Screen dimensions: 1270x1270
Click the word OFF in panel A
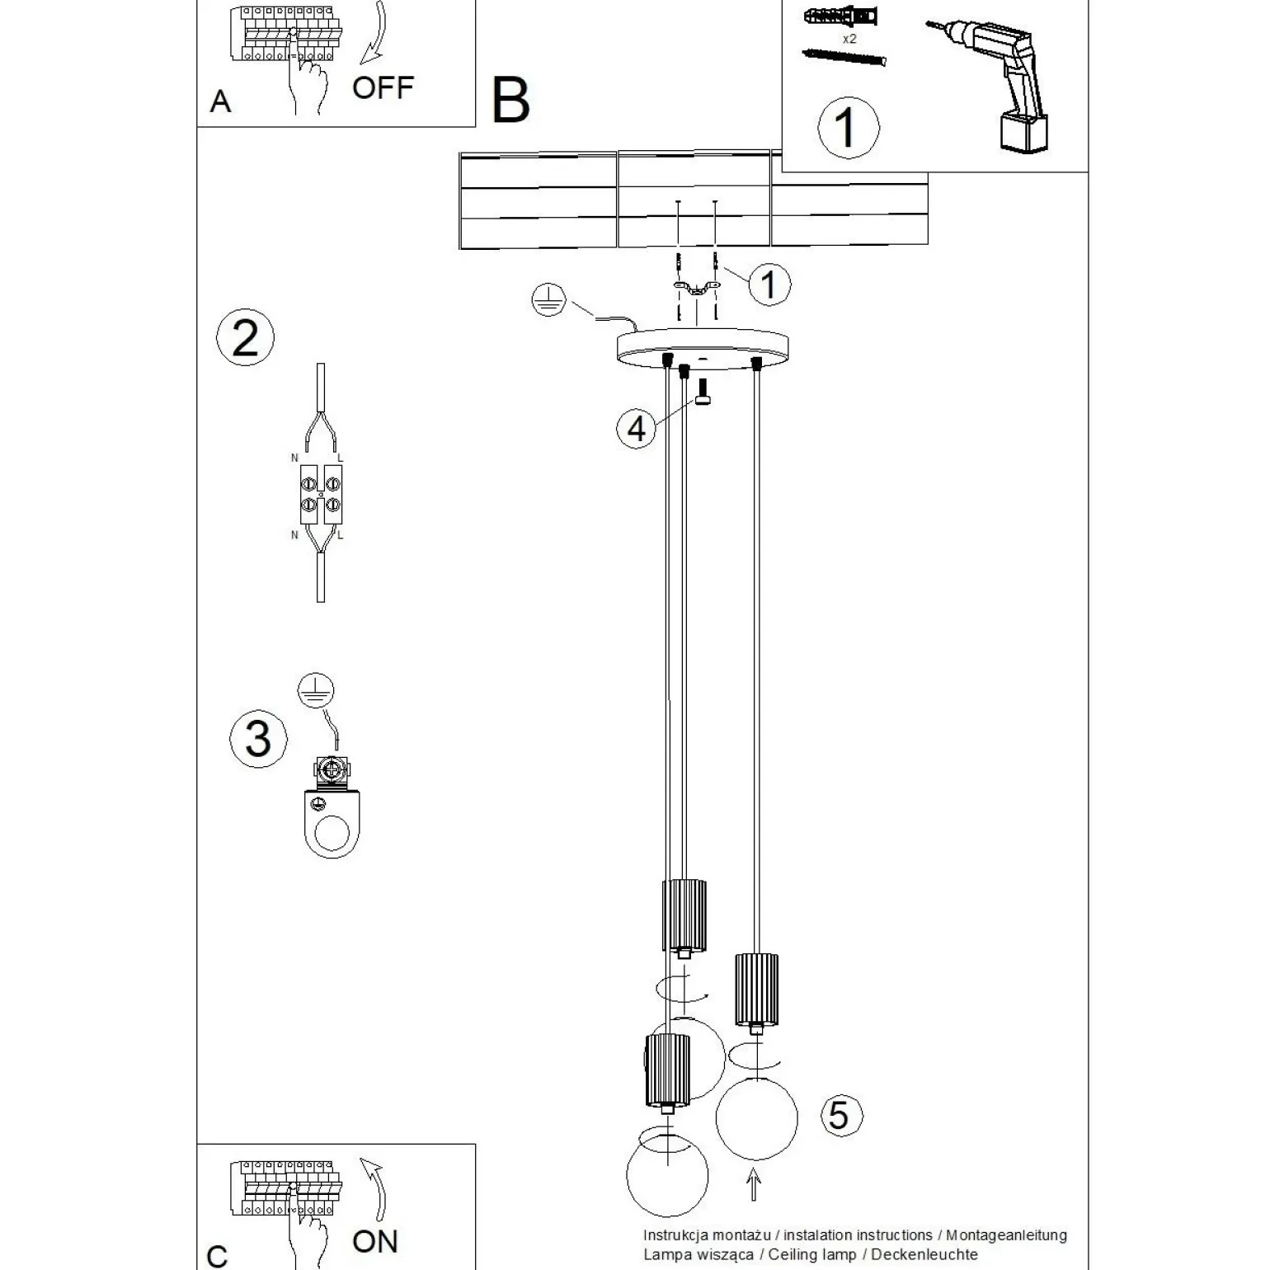382,87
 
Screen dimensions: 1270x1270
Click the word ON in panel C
374,1240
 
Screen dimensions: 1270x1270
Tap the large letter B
510,101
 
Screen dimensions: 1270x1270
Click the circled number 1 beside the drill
848,128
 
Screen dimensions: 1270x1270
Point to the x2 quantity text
849,39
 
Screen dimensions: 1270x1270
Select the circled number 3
258,738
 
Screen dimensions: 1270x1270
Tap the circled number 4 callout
636,429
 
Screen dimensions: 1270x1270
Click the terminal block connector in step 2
321,494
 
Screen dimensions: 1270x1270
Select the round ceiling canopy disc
703,347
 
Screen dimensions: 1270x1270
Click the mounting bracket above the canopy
695,289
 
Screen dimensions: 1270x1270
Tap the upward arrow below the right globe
753,1187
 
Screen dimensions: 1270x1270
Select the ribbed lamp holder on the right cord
756,989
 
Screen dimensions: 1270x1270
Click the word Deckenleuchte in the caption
924,1254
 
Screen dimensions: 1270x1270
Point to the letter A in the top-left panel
220,101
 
